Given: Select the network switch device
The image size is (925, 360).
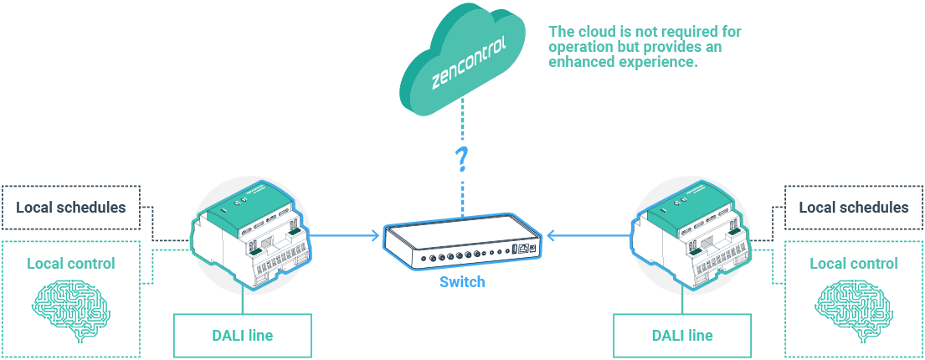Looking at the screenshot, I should click(x=461, y=244).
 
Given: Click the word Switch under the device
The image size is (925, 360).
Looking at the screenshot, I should click(x=461, y=282).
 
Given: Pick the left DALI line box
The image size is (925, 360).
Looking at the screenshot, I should click(x=242, y=336).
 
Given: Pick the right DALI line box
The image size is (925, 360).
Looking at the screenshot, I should click(x=681, y=336).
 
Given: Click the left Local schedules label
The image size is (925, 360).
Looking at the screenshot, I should click(x=71, y=208).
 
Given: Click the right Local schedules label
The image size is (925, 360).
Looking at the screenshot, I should click(x=853, y=208).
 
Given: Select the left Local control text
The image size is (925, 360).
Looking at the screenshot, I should click(x=71, y=264).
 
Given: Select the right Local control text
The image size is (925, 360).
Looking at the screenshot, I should click(x=853, y=264).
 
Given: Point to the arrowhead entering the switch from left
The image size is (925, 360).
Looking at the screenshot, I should click(x=373, y=236).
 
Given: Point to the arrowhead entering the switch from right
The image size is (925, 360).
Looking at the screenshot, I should click(x=551, y=236).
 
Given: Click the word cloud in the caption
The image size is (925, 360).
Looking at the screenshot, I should click(x=593, y=32).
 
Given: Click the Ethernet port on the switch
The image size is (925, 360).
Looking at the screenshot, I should click(x=523, y=249).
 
